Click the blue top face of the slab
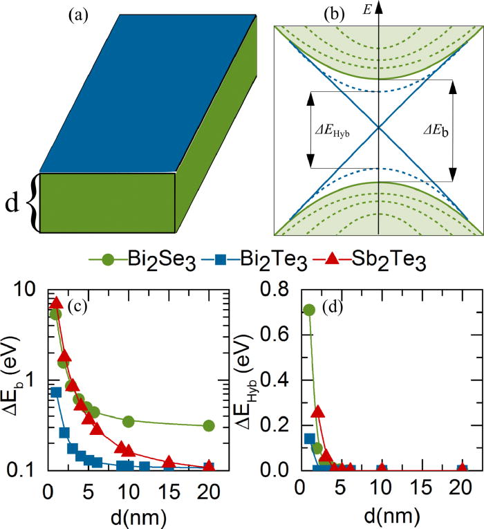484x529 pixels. [145, 90]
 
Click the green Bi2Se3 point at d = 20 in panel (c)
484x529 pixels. [209, 426]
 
